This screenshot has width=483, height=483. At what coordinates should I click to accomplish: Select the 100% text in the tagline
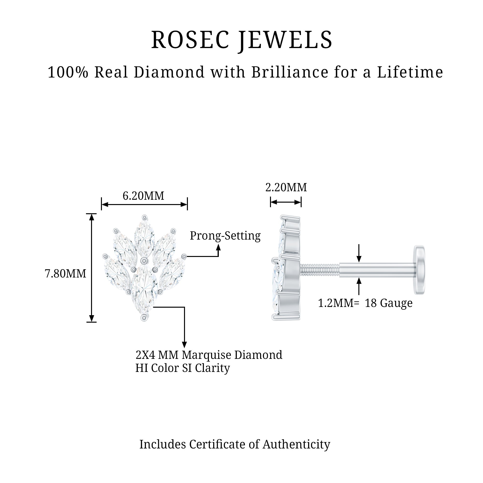68,72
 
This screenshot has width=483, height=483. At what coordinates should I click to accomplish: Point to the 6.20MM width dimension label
143,196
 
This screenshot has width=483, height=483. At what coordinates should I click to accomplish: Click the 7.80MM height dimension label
65,274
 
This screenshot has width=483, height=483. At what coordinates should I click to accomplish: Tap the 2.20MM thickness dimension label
286,187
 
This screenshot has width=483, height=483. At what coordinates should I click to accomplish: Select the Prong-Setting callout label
225,236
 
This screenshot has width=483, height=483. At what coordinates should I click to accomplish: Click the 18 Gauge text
389,304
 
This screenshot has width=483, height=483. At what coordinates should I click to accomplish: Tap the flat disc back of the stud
419,270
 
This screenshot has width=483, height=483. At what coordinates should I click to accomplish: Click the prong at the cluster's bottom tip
144,318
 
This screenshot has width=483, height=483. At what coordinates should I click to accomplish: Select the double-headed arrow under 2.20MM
286,202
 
